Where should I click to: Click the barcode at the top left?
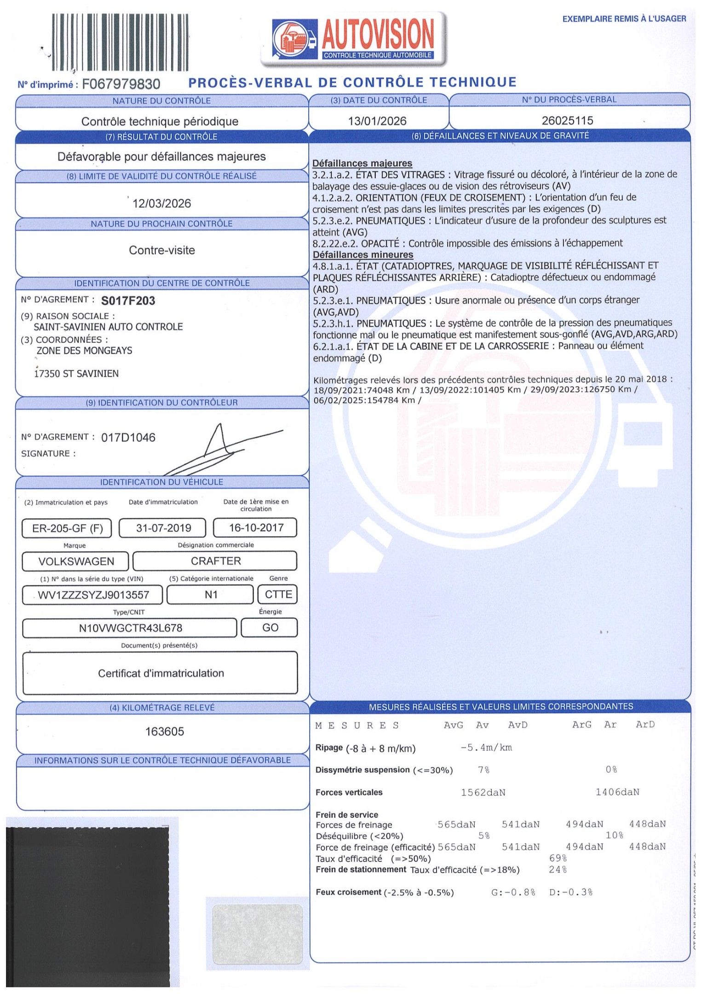(x=120, y=42)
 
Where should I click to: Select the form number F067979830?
(x=121, y=84)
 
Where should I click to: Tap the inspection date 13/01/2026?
(x=377, y=121)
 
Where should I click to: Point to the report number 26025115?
(x=567, y=121)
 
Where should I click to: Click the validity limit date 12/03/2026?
(x=161, y=203)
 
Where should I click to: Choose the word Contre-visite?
(x=162, y=250)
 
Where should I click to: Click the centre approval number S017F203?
(x=128, y=301)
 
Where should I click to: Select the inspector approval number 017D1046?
(x=128, y=437)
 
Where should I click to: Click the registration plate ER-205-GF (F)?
(x=67, y=528)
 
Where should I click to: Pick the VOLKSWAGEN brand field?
(x=76, y=561)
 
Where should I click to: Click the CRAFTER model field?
(x=215, y=561)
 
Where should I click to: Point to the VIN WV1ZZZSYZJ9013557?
(x=93, y=595)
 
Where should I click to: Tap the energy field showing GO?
(x=270, y=628)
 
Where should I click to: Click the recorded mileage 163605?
(x=165, y=732)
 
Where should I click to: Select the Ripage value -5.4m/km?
(x=486, y=748)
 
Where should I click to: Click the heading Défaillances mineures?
(x=363, y=254)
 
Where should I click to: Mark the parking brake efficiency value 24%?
(x=558, y=870)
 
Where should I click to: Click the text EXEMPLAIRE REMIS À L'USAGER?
(x=624, y=19)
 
